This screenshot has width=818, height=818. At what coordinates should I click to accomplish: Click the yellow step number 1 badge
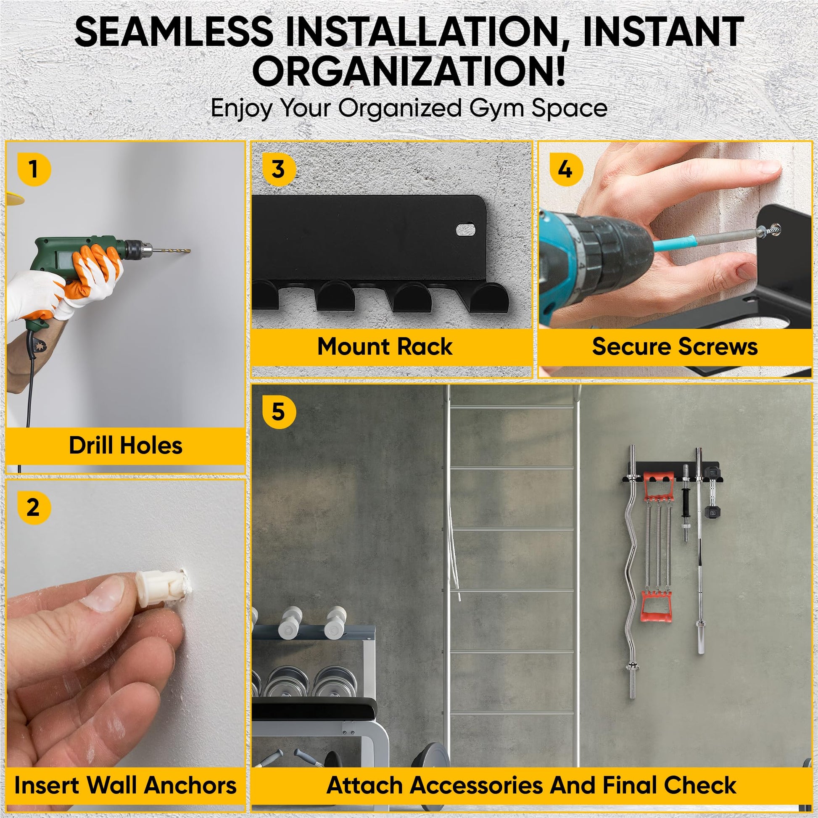pyautogui.click(x=34, y=169)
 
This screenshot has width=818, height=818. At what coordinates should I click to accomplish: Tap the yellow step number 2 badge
pyautogui.click(x=34, y=508)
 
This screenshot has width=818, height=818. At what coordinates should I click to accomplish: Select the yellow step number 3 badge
pyautogui.click(x=279, y=169)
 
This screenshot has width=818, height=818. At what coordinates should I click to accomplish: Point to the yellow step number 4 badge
pyautogui.click(x=566, y=169)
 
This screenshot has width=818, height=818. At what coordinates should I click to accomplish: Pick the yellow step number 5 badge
pyautogui.click(x=279, y=412)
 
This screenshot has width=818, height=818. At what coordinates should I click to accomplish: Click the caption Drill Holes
pyautogui.click(x=126, y=446)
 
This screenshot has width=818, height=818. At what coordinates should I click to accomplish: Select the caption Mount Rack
pyautogui.click(x=385, y=346)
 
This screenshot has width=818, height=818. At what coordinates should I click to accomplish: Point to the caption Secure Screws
pyautogui.click(x=675, y=346)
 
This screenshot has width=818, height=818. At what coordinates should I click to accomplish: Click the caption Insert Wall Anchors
pyautogui.click(x=125, y=785)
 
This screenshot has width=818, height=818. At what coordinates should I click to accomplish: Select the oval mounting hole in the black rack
pyautogui.click(x=466, y=230)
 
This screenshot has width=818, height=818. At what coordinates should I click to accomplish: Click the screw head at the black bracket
pyautogui.click(x=776, y=230)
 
